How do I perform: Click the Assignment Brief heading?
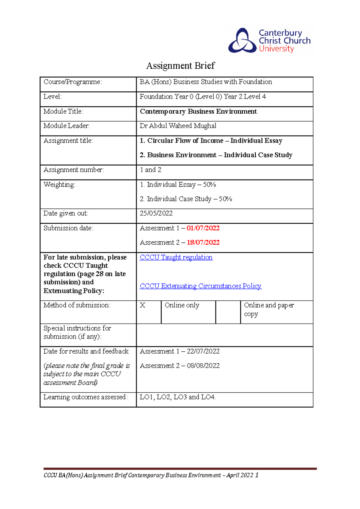[180, 66]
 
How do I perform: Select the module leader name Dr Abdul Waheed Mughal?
[178, 126]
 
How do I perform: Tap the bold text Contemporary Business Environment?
[198, 112]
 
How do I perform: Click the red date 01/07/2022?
[203, 228]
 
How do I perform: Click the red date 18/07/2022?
[203, 243]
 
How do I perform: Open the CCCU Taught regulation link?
[176, 257]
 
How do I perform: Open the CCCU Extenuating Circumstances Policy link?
[200, 286]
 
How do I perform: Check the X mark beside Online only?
[142, 305]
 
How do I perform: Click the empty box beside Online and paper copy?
[228, 312]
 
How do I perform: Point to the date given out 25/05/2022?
[156, 213]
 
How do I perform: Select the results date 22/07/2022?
[203, 351]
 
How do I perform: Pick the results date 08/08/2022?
[203, 366]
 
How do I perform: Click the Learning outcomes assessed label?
[85, 397]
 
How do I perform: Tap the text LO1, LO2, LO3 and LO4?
[178, 397]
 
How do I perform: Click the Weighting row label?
[59, 185]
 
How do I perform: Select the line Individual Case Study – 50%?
[186, 199]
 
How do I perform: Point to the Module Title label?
[63, 112]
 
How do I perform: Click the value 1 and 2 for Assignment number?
[151, 170]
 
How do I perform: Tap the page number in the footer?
[257, 475]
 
